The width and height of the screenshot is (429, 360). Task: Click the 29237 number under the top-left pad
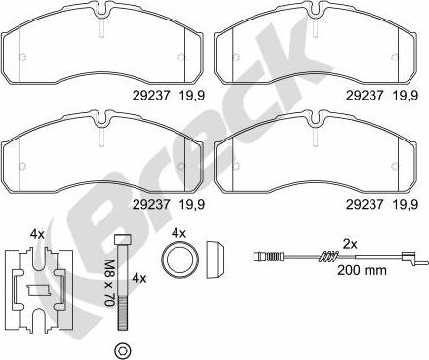[151, 96]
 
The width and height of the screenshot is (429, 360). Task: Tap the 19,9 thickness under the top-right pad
[406, 96]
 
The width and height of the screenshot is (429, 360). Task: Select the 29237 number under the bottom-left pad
[151, 204]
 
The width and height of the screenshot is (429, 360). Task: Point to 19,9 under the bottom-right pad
[406, 204]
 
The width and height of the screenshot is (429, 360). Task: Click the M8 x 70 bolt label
[110, 283]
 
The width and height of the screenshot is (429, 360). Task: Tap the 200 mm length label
[362, 270]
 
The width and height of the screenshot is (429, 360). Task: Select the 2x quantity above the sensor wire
[350, 244]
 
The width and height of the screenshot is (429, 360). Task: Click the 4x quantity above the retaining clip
[37, 234]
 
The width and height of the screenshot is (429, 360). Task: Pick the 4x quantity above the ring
[178, 233]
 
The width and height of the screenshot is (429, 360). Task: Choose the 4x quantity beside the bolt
[139, 278]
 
